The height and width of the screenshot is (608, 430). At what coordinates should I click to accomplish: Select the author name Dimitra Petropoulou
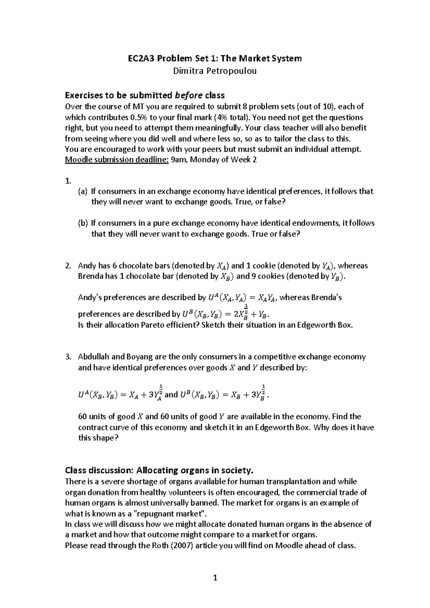(215, 71)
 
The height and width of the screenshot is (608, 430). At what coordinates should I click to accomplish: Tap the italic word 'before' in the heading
(188, 95)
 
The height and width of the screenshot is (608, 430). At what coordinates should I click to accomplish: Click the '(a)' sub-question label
(82, 192)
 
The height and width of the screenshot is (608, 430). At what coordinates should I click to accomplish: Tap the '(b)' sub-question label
(82, 223)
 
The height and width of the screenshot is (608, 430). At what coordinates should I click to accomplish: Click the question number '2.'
(68, 266)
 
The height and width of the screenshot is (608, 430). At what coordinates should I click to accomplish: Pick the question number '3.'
(68, 357)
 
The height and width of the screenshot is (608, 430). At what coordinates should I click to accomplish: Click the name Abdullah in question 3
(94, 357)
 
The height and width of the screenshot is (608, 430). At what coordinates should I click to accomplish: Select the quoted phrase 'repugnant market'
(170, 513)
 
